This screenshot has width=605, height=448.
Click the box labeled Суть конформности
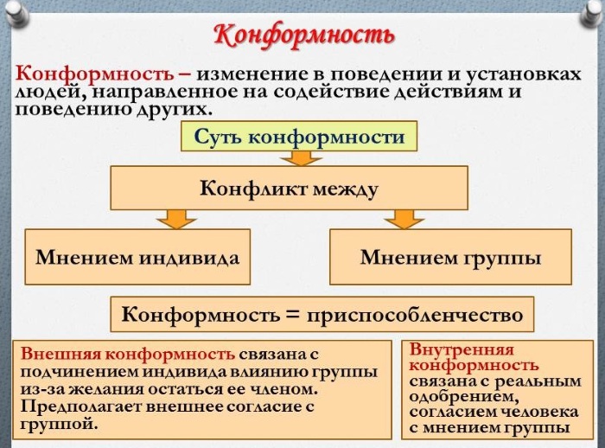[299, 136]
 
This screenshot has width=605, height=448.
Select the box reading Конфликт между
[289, 188]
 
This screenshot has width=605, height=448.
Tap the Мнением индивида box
[137, 257]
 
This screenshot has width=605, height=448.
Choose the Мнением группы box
[450, 257]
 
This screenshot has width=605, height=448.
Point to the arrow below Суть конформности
[302, 158]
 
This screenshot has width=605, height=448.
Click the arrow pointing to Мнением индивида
[176, 220]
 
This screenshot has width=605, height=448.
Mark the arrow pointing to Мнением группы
[404, 220]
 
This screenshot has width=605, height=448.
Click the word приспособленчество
[415, 315]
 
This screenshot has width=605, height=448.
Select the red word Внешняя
[60, 354]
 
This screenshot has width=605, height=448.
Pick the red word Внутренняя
[462, 349]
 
